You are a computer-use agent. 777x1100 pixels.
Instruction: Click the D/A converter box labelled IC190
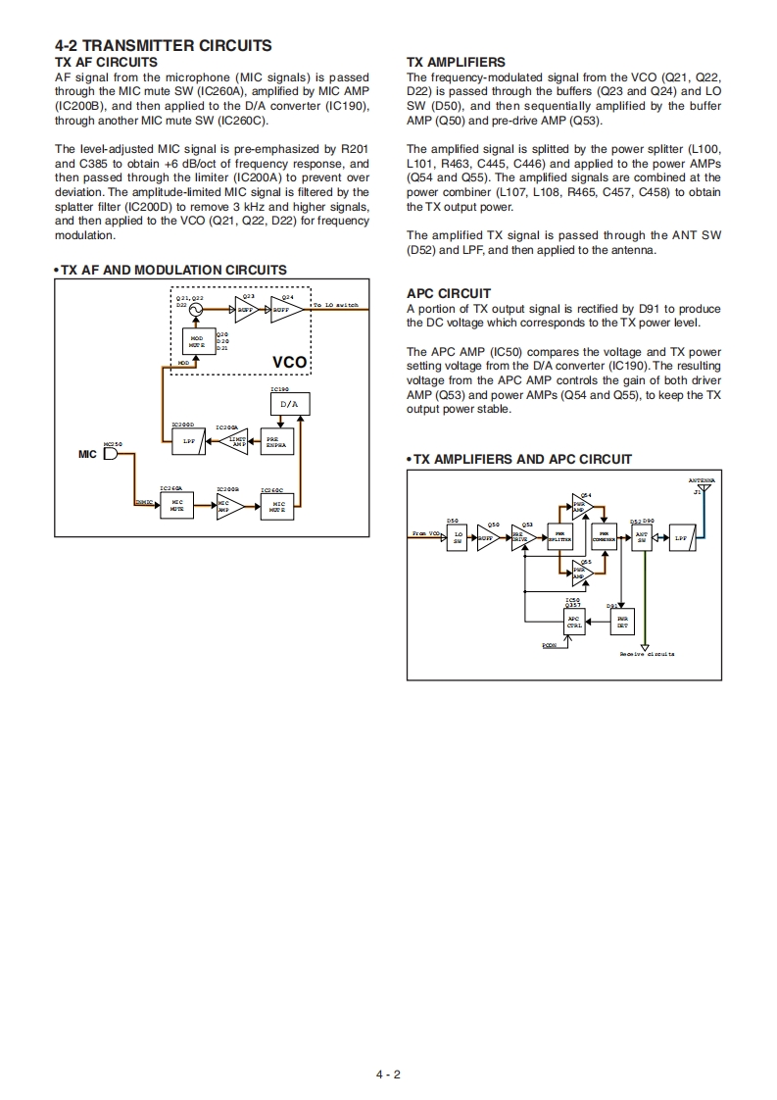288,404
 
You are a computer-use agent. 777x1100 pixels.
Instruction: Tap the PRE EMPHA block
277,442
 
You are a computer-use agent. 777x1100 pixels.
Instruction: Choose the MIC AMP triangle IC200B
226,507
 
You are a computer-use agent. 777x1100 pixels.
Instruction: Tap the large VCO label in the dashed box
289,363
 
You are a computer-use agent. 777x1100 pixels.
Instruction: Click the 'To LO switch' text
336,306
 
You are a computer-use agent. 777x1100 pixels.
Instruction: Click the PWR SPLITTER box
559,537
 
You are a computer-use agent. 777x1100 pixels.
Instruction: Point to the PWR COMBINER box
604,537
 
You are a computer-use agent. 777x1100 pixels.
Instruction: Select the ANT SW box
642,537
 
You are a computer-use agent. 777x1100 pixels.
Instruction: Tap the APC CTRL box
574,622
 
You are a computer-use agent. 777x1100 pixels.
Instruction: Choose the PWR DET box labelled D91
621,622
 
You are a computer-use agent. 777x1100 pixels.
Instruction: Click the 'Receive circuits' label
646,654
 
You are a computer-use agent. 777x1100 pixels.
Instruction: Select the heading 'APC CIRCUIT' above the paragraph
448,293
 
